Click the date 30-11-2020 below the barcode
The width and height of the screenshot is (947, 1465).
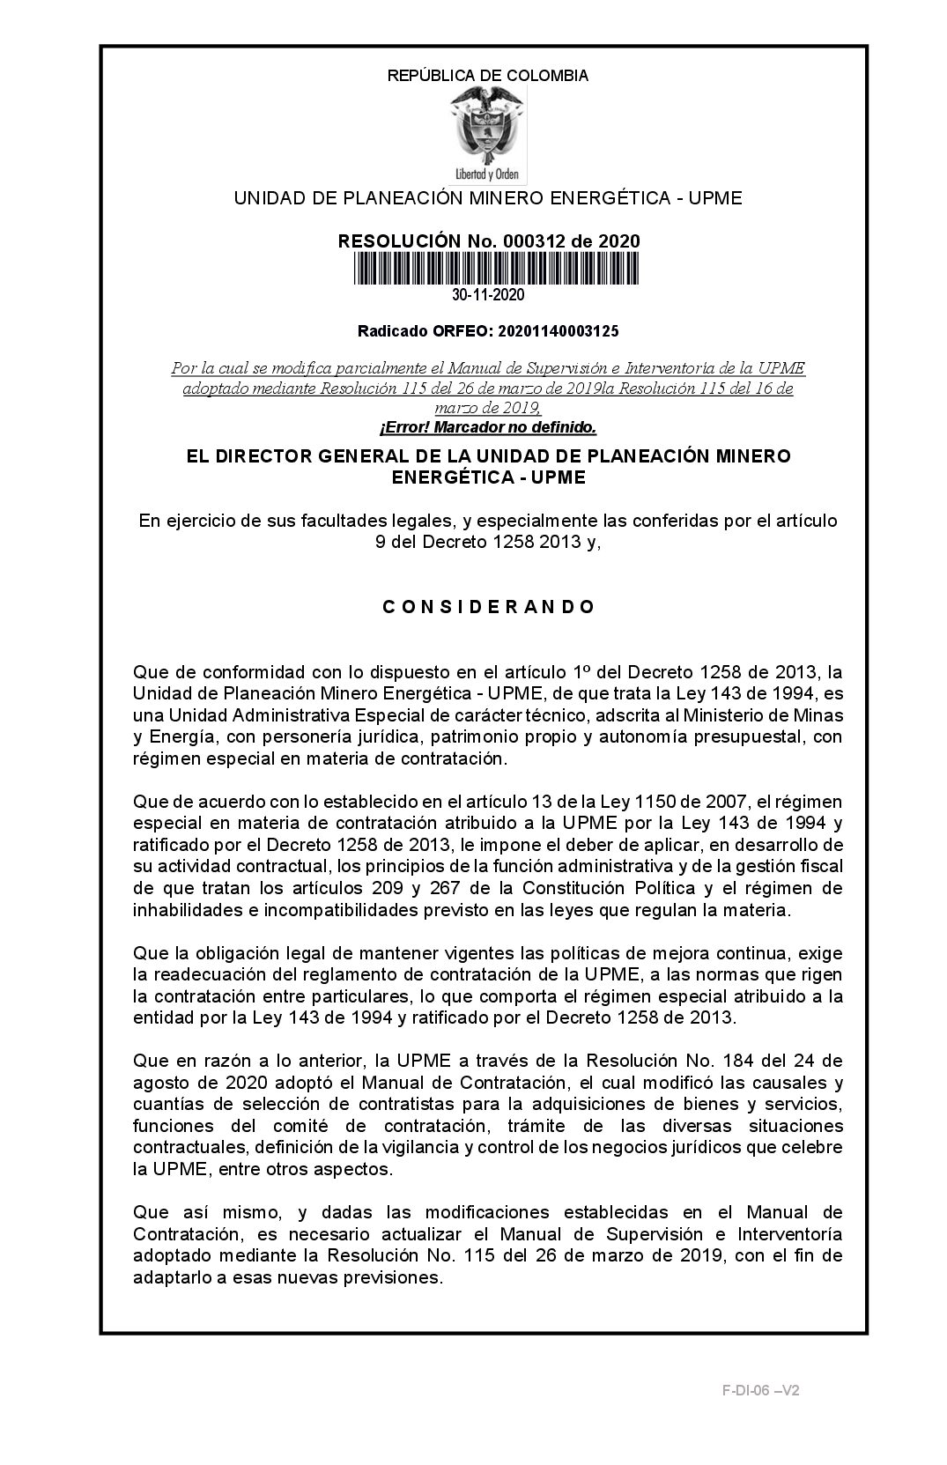tap(488, 294)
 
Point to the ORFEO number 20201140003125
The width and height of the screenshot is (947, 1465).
tap(558, 332)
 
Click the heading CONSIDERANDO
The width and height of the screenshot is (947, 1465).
tap(489, 607)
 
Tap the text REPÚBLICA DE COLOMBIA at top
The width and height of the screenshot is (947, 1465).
tap(488, 76)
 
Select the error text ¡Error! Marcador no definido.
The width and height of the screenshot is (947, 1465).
tap(488, 428)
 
